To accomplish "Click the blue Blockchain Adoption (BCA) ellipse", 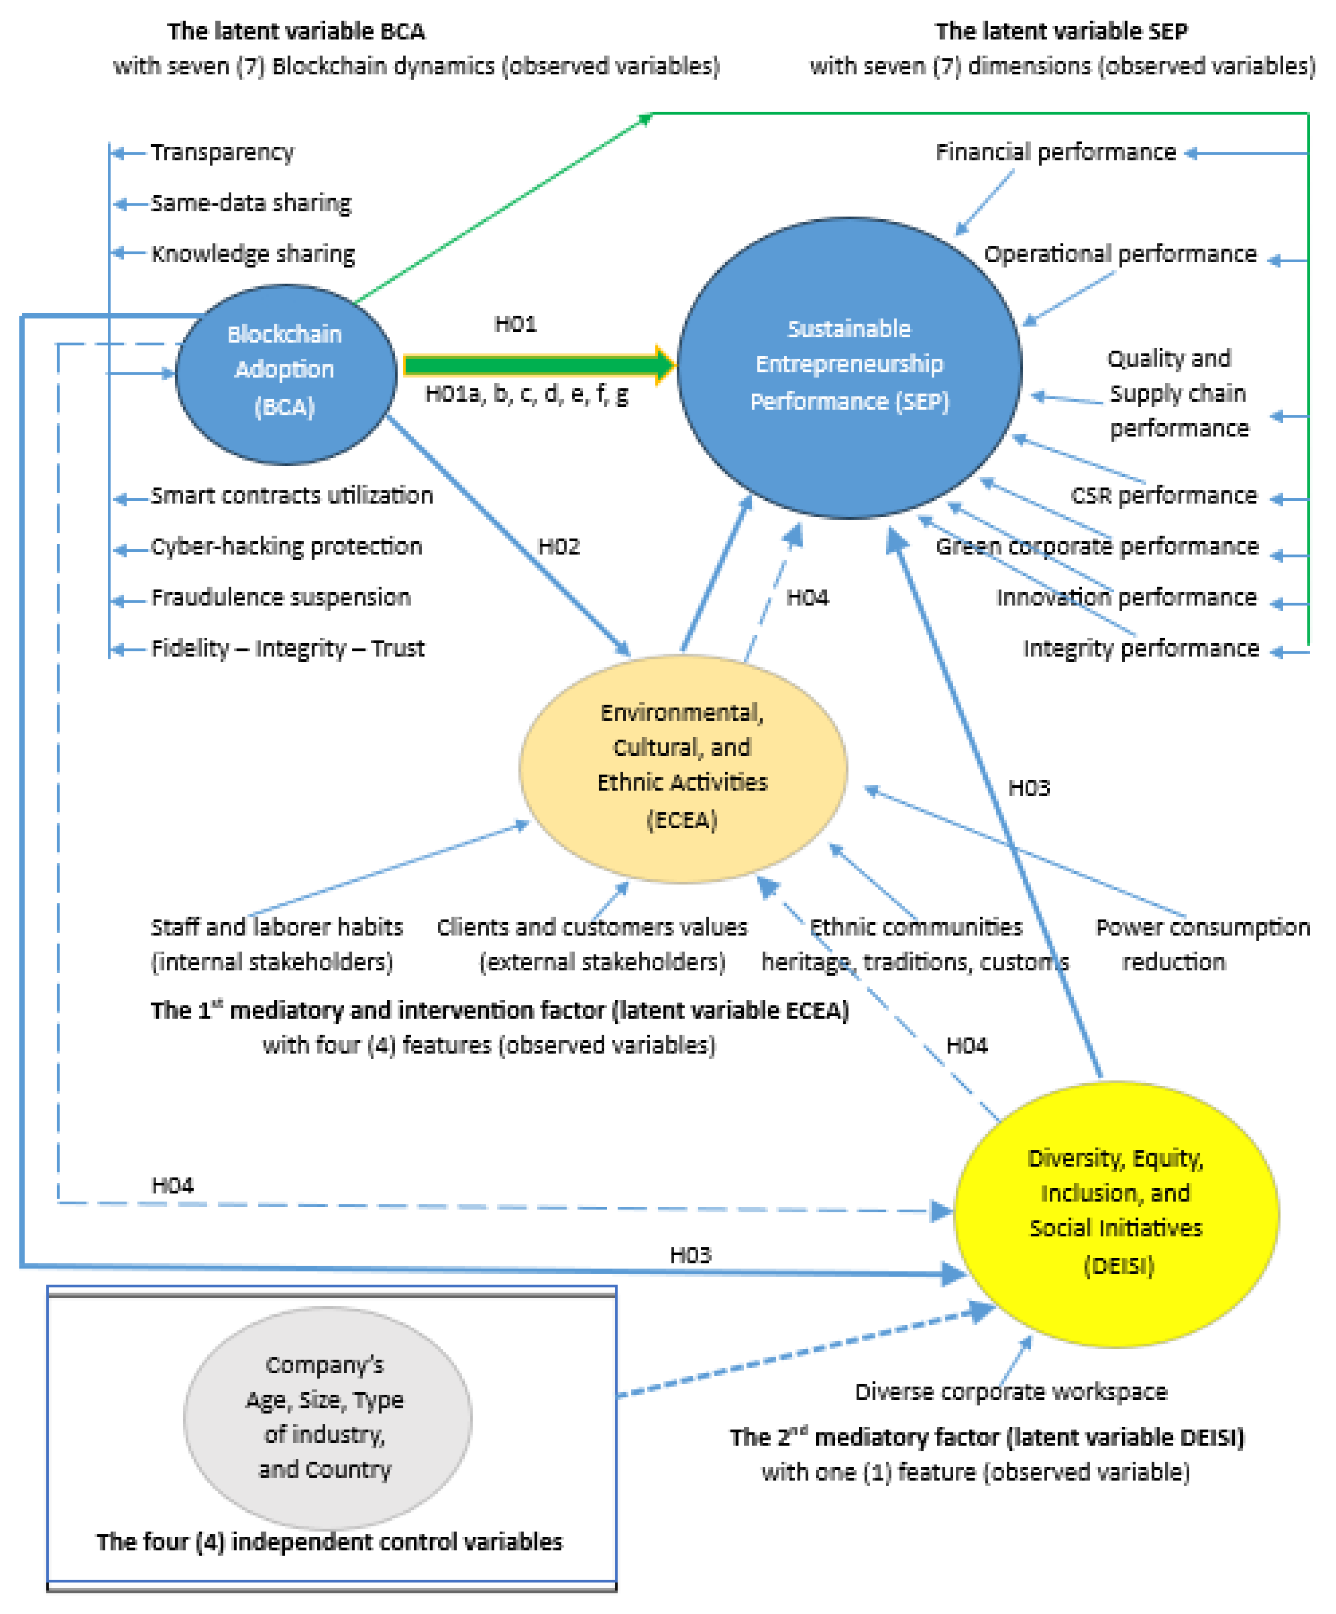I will (x=285, y=374).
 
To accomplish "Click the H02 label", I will (x=559, y=546).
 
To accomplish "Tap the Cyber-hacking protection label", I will (x=286, y=546).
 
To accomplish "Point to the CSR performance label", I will (x=1163, y=495).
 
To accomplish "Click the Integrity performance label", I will (x=1141, y=648).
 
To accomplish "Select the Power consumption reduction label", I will (x=1202, y=944).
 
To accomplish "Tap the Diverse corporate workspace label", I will (x=1011, y=1391).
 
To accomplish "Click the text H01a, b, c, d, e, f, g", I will (x=527, y=394).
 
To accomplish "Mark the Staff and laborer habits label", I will (x=276, y=944).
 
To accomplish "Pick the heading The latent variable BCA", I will (x=296, y=31).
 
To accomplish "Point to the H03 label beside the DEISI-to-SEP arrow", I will (x=1029, y=788).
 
